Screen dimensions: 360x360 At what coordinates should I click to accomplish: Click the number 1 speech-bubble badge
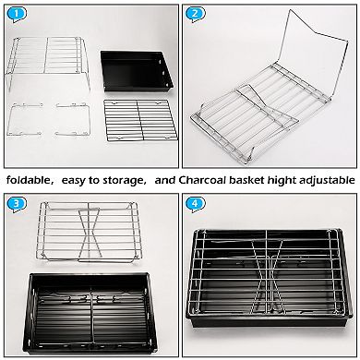(16, 14)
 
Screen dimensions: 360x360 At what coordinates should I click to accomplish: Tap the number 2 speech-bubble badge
(195, 14)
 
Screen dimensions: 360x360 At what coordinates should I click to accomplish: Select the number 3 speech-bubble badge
(16, 205)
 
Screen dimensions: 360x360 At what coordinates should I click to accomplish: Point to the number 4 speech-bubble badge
(195, 205)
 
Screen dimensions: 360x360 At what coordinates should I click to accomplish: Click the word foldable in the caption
(28, 180)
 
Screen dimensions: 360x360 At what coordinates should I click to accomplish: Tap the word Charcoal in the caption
(201, 180)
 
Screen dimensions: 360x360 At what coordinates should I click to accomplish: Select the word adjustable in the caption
(327, 181)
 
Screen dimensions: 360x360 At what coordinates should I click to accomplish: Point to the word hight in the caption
(281, 181)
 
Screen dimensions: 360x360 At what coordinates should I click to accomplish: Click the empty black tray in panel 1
(137, 71)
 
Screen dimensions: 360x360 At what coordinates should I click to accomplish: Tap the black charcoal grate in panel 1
(140, 120)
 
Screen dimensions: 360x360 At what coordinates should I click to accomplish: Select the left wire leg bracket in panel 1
(25, 120)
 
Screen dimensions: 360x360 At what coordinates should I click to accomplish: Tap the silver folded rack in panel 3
(89, 232)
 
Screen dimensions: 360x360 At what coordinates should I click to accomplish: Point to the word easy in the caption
(73, 181)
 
